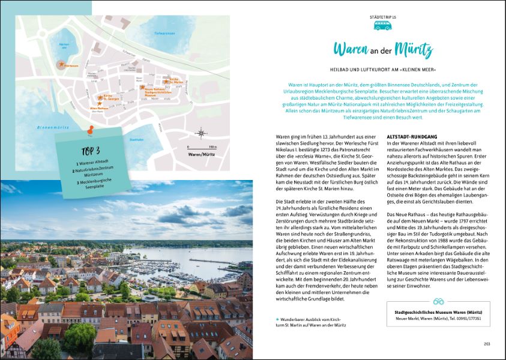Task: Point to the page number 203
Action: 487,344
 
